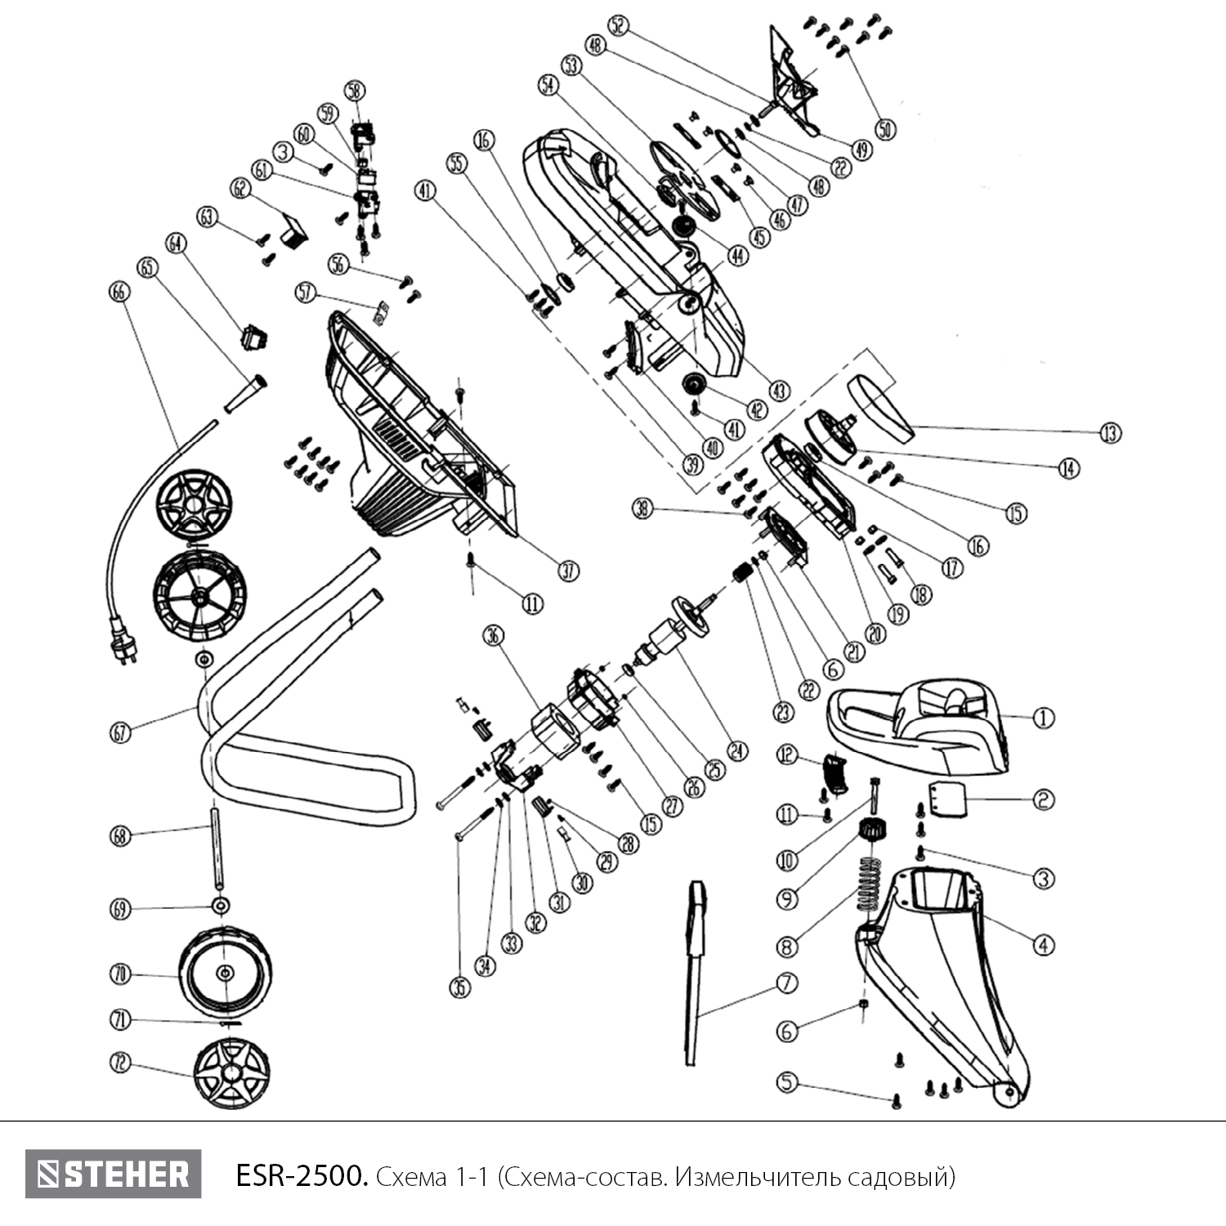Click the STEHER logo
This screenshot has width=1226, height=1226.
pos(113,1175)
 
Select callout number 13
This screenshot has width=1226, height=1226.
pos(1110,432)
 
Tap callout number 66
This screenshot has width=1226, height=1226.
pos(119,291)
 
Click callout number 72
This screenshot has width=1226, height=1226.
pos(120,1063)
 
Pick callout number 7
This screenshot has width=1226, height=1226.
pos(786,982)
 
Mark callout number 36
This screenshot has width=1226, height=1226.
pos(494,635)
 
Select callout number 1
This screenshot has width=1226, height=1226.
pos(1043,718)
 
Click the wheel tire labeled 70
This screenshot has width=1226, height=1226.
pos(225,972)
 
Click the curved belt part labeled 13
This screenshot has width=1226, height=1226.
pos(879,404)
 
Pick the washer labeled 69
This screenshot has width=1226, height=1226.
pos(220,906)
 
